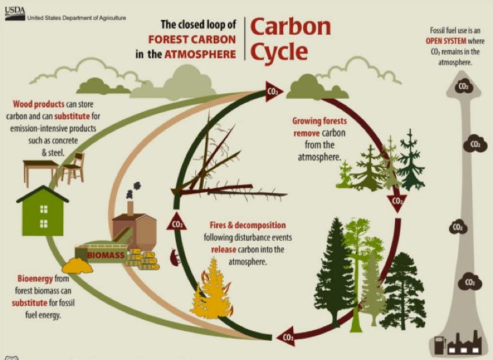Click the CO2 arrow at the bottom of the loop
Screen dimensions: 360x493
coord(286,337)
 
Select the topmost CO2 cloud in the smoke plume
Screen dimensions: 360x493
coord(461,85)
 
